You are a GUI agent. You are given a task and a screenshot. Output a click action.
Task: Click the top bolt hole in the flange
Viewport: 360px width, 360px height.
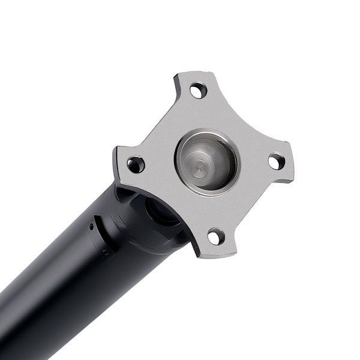198,91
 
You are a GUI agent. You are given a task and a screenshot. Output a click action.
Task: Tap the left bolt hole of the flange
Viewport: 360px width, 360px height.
136,164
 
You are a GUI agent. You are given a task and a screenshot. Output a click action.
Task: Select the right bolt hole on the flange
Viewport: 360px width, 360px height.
276,161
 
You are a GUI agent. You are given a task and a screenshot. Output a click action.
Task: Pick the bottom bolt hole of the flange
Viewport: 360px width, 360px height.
216,236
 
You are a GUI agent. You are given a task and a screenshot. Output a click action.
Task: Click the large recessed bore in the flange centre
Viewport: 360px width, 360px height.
206,161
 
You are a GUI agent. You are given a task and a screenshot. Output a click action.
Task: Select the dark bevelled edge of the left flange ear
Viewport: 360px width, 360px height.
116,168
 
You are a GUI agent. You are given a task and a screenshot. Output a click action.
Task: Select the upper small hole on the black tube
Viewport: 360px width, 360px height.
91,227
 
